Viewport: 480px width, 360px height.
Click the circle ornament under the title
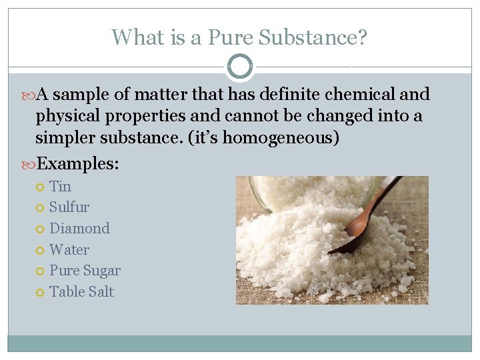pyautogui.click(x=240, y=67)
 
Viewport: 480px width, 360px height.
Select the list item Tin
pyautogui.click(x=60, y=186)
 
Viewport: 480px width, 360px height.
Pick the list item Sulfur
pyautogui.click(x=69, y=207)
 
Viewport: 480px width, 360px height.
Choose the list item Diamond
pyautogui.click(x=79, y=228)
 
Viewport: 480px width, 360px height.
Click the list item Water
pyautogui.click(x=69, y=249)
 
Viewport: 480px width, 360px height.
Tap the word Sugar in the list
pyautogui.click(x=103, y=271)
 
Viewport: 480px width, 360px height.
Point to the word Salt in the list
pyautogui.click(x=100, y=291)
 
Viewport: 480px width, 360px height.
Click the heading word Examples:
pyautogui.click(x=78, y=164)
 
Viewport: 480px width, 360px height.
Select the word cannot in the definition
pyautogui.click(x=254, y=116)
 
